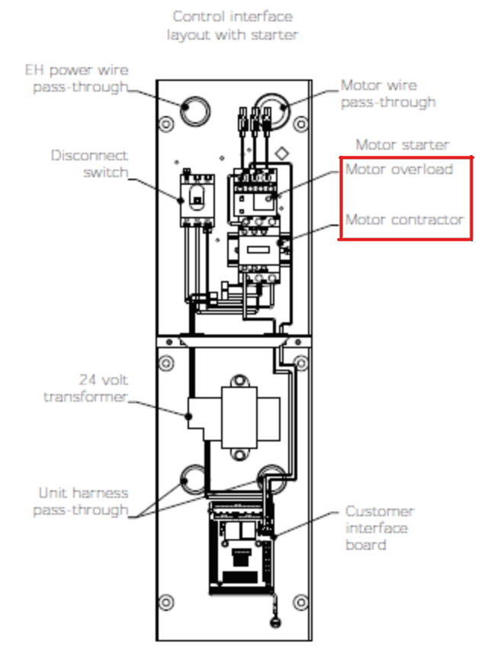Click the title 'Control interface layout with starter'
233,25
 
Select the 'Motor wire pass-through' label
388,94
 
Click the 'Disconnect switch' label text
89,163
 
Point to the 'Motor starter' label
403,144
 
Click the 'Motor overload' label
399,170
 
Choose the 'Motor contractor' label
405,220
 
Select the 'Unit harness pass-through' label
81,502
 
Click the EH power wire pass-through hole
196,111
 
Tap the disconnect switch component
195,199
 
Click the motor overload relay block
255,194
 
